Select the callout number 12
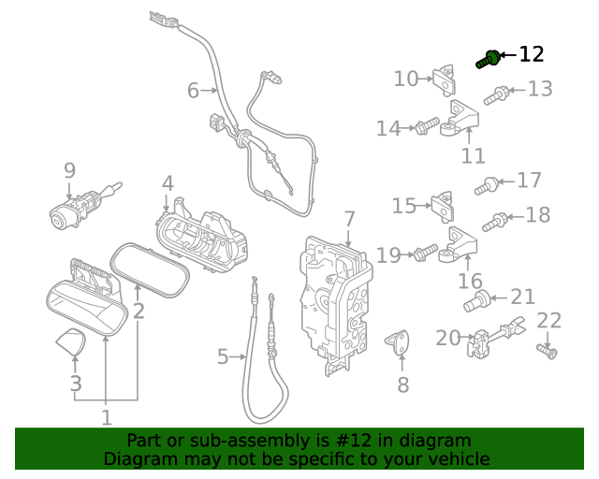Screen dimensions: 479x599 click(x=531, y=54)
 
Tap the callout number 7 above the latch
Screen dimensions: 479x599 click(x=349, y=219)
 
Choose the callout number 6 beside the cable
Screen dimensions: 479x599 click(x=193, y=91)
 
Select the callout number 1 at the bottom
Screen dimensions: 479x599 click(x=106, y=417)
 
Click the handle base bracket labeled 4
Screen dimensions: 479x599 click(x=201, y=235)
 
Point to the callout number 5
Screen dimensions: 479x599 click(x=223, y=356)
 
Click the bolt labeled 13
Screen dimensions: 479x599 click(x=496, y=94)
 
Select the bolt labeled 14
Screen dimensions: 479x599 click(x=427, y=125)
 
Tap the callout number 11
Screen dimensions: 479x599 click(x=475, y=155)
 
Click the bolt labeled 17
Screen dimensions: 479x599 click(x=485, y=188)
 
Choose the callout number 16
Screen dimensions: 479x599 click(x=470, y=281)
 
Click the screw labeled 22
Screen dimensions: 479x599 click(x=548, y=351)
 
